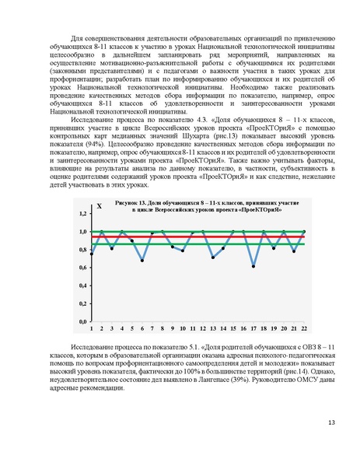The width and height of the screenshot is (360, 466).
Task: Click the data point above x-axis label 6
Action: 142,260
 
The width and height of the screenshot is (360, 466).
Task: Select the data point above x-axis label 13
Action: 213,257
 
